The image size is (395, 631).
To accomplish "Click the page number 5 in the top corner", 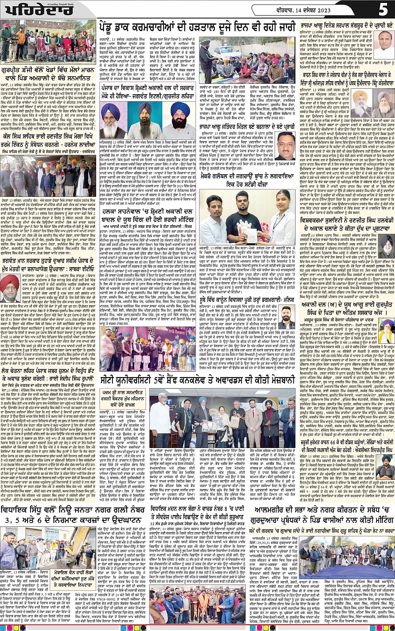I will pyautogui.click(x=383, y=9).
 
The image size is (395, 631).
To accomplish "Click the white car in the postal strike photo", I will pyautogui.click(x=223, y=51).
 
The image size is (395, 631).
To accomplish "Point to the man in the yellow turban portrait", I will pyautogui.click(x=110, y=119).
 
